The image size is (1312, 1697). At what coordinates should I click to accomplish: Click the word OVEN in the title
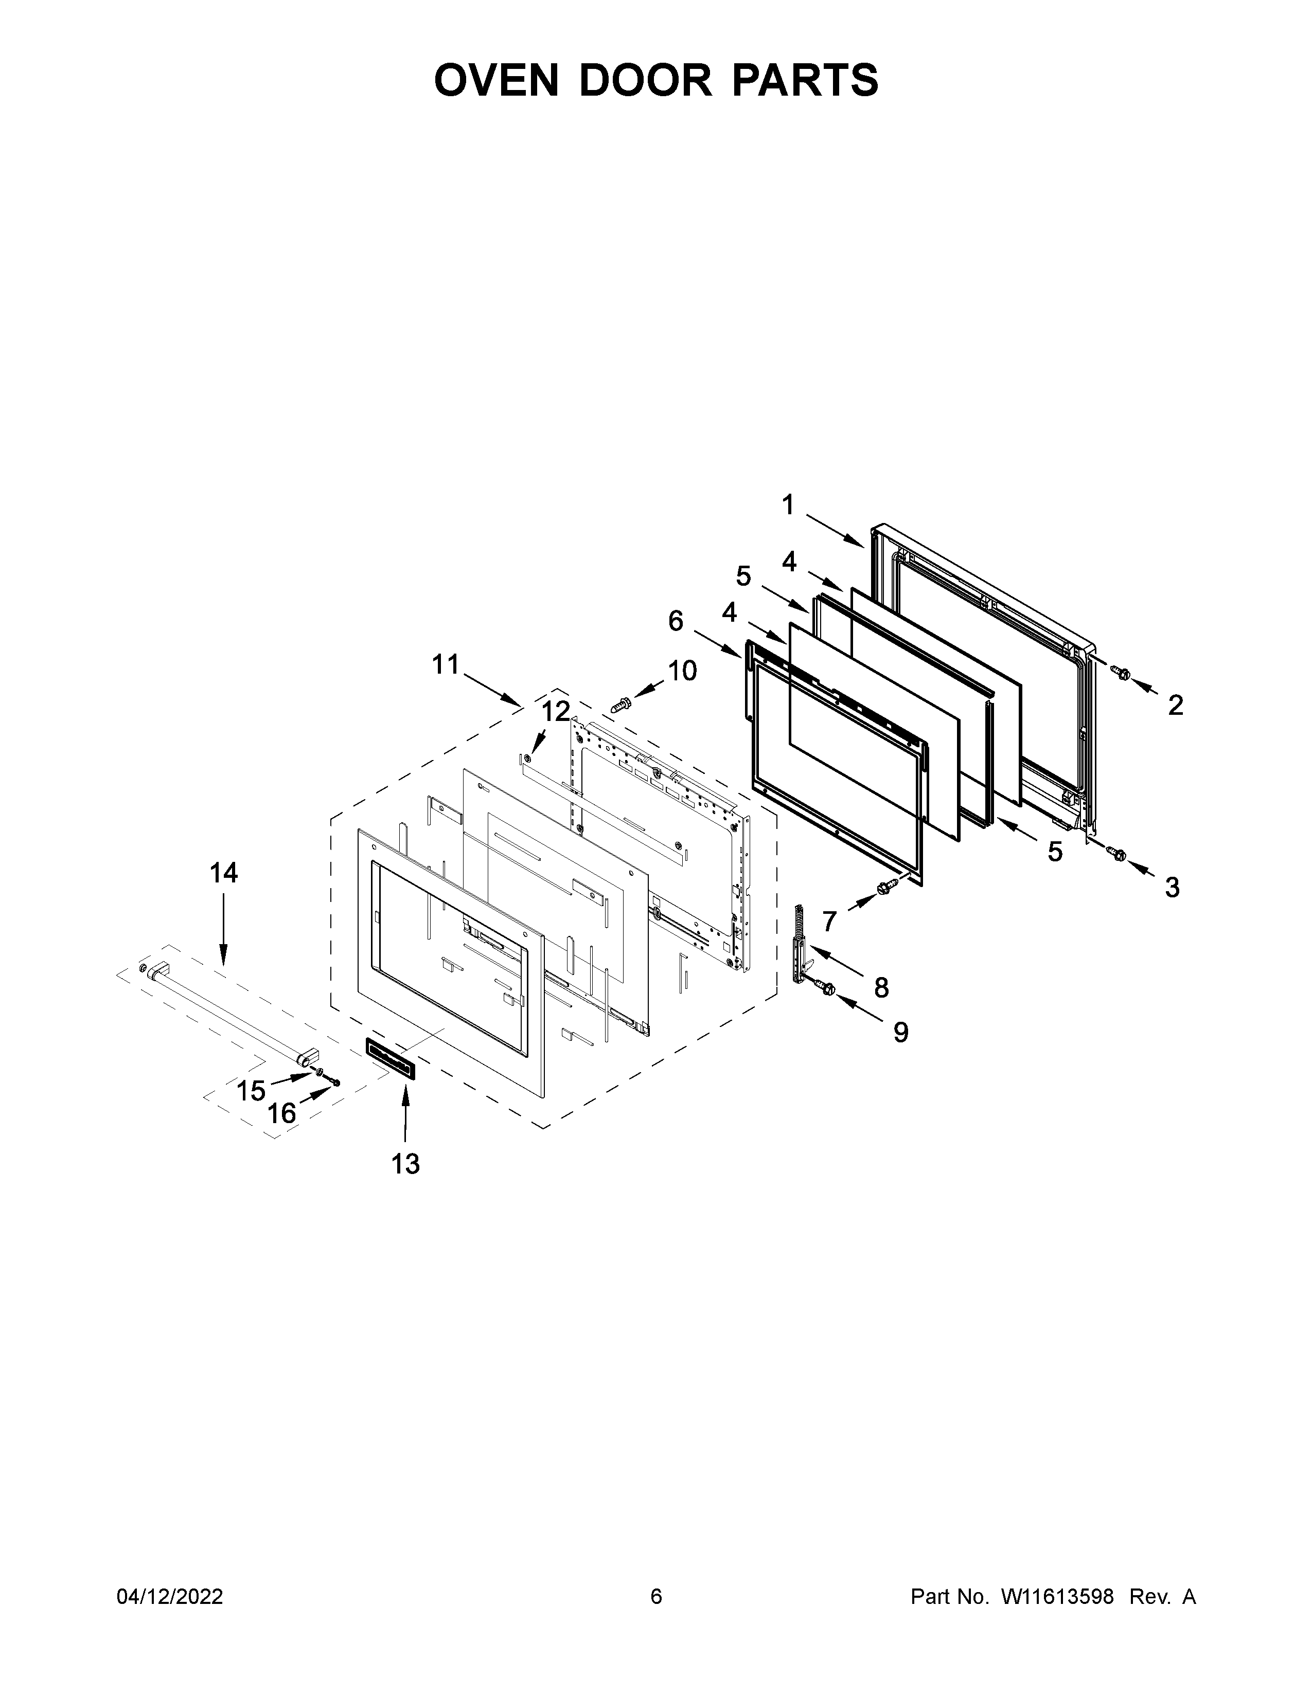pyautogui.click(x=496, y=80)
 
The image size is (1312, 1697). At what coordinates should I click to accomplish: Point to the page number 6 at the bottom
pyautogui.click(x=656, y=1597)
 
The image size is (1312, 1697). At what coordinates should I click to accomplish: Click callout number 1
pyautogui.click(x=788, y=506)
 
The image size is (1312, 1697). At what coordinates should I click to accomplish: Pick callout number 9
pyautogui.click(x=900, y=1032)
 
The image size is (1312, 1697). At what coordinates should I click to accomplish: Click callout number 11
pyautogui.click(x=446, y=665)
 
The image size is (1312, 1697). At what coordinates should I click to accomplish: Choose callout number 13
pyautogui.click(x=405, y=1163)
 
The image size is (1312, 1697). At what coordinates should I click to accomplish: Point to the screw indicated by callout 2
pyautogui.click(x=1121, y=673)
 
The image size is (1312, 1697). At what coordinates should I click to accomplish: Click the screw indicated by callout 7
pyautogui.click(x=884, y=887)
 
